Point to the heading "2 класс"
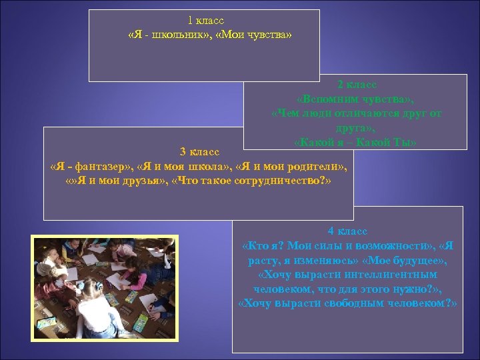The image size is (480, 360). coord(357,85)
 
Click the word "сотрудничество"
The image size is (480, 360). coord(277,180)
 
